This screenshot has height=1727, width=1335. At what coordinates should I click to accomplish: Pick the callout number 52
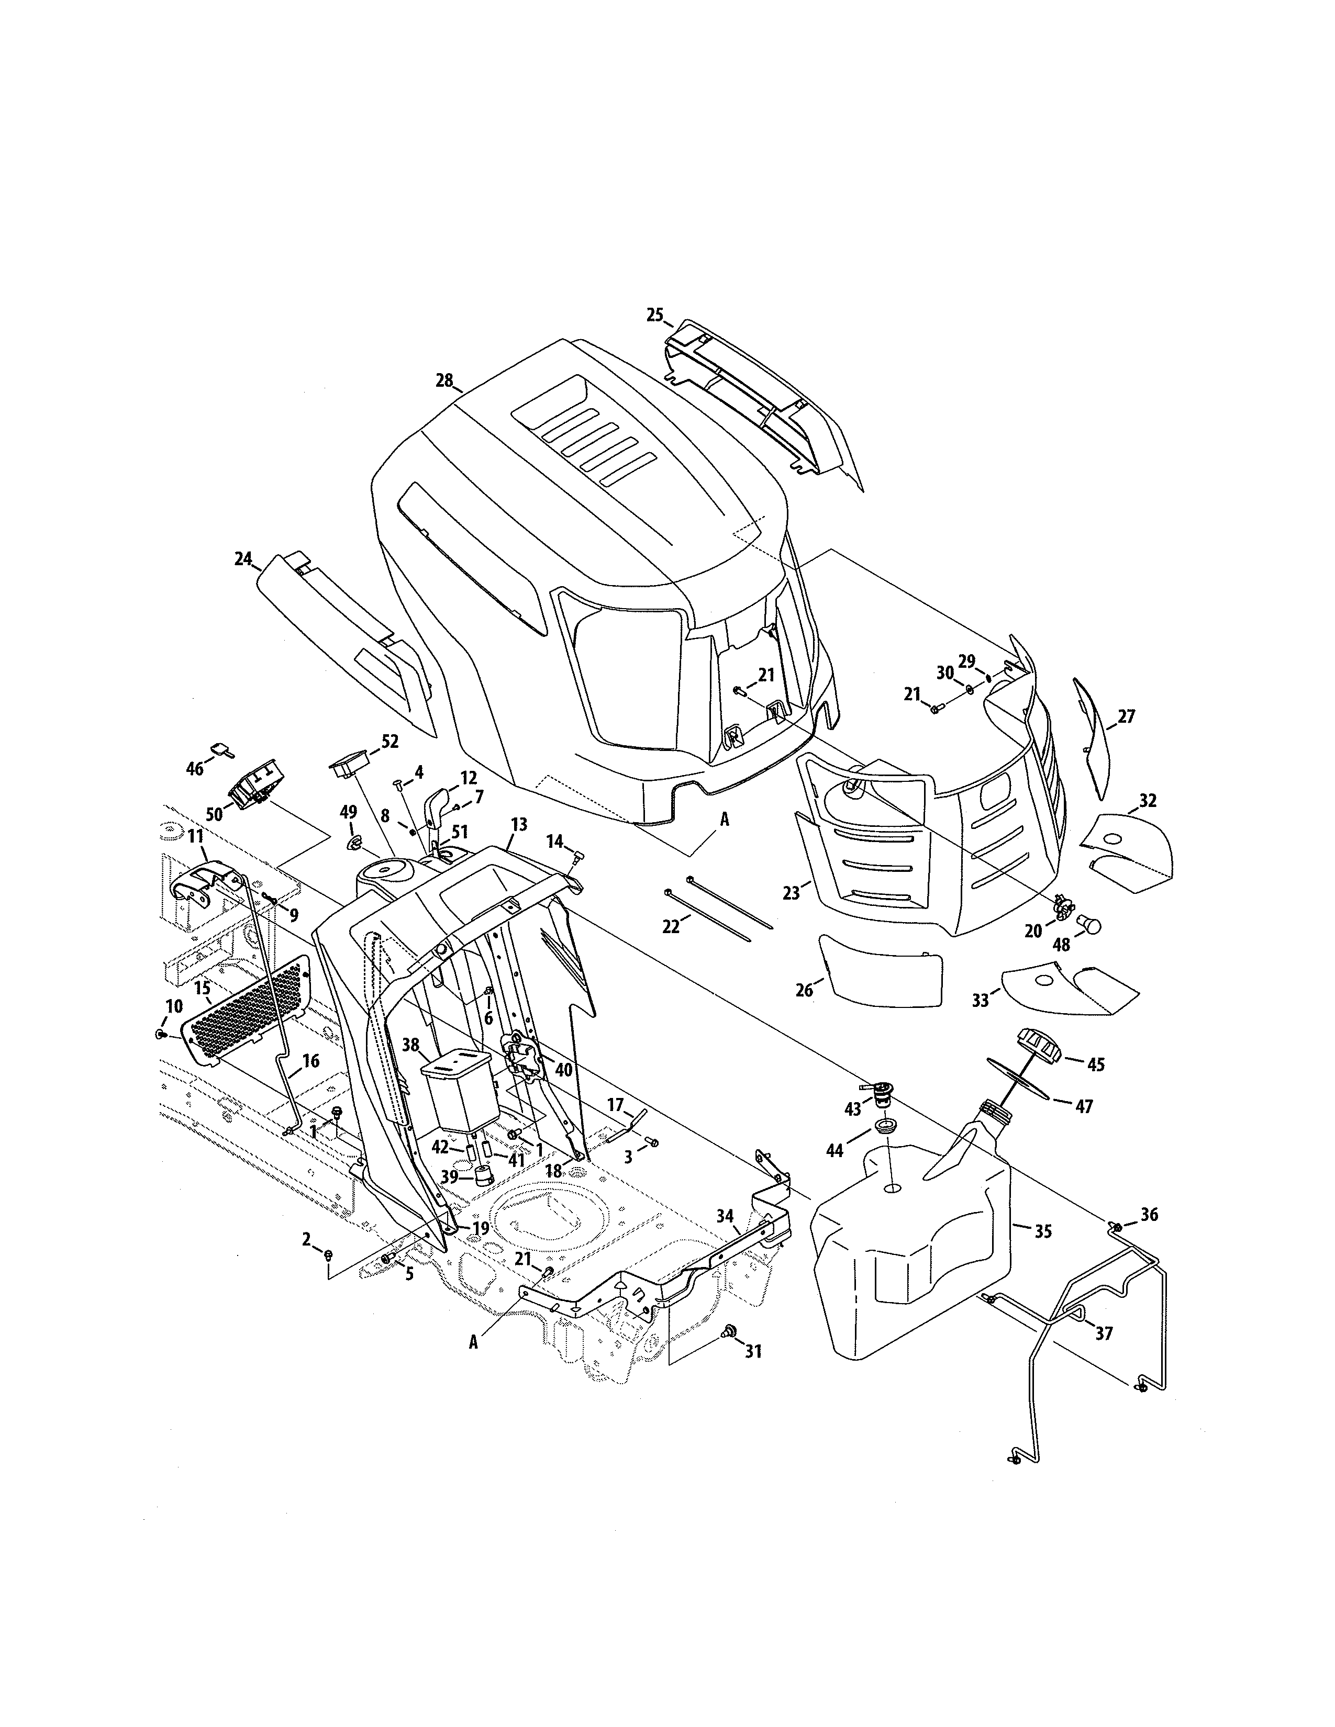point(390,742)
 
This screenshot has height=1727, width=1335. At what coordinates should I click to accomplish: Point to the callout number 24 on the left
point(243,559)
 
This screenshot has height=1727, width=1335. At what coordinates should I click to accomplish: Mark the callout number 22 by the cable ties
point(671,927)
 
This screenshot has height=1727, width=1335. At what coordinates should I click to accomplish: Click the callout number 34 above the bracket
point(725,1216)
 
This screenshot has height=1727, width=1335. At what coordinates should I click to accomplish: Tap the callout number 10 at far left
point(174,1006)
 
